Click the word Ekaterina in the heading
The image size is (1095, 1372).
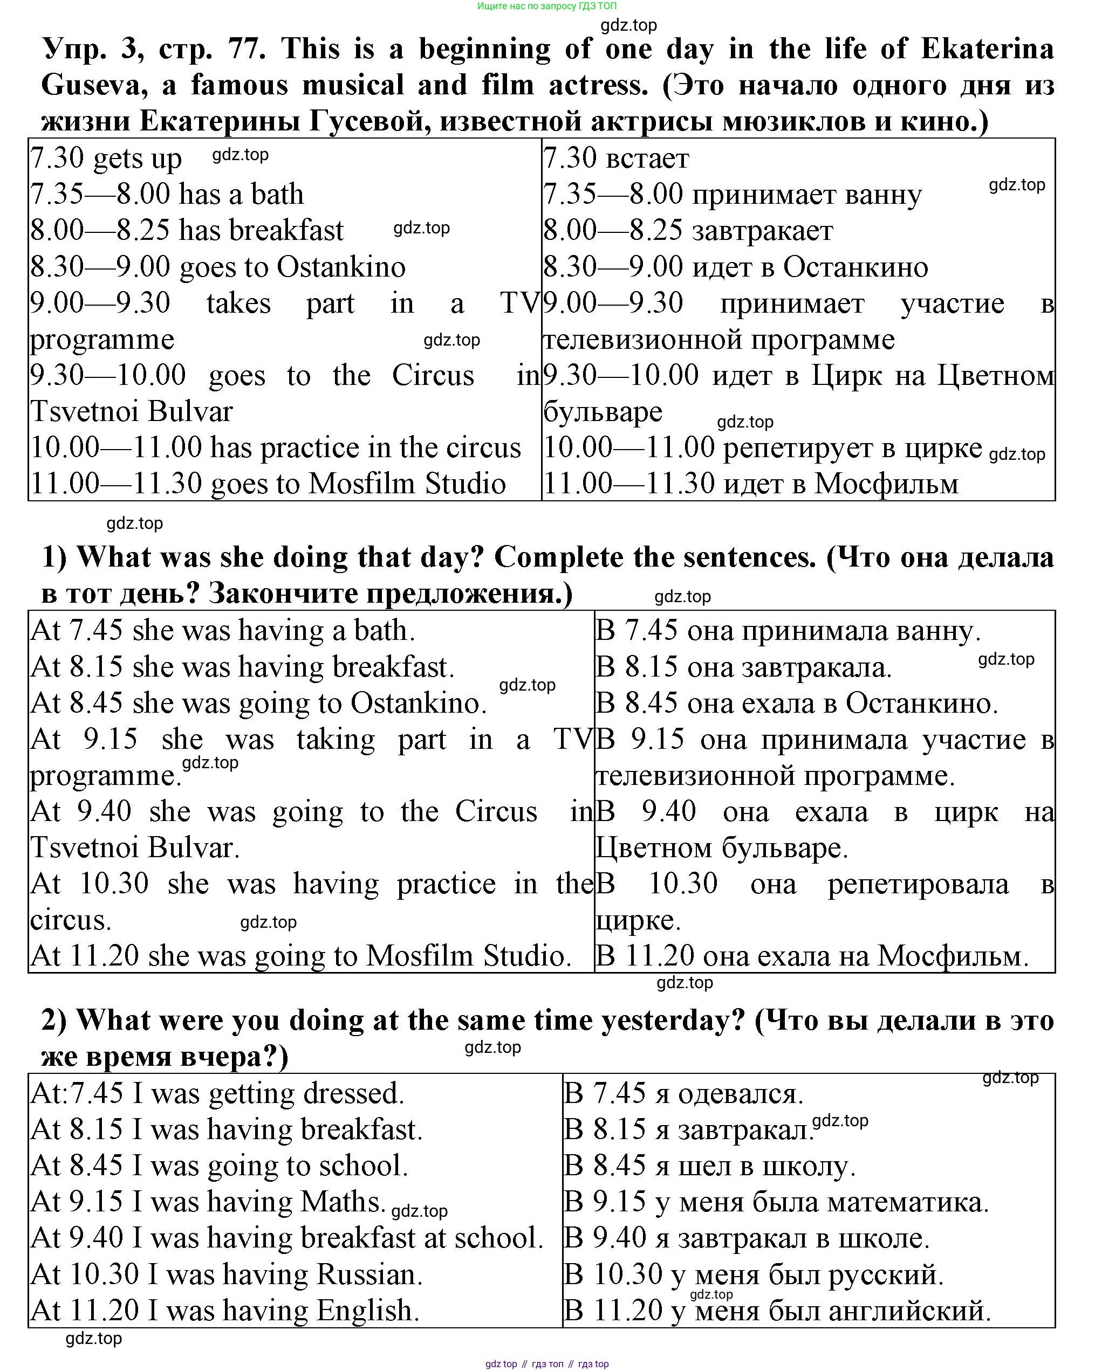click(x=987, y=50)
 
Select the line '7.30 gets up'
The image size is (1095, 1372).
click(x=106, y=158)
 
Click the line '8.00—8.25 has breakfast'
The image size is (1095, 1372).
click(x=187, y=230)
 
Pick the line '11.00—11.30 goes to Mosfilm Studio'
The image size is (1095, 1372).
click(x=268, y=484)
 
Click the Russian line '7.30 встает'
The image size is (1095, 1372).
click(x=615, y=158)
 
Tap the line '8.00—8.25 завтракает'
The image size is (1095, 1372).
click(x=688, y=230)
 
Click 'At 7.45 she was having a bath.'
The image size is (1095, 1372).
click(x=223, y=631)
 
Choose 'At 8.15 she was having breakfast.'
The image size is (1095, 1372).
click(x=243, y=667)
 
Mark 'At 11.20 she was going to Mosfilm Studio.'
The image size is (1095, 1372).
click(x=300, y=956)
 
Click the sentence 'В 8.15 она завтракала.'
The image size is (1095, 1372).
click(x=744, y=667)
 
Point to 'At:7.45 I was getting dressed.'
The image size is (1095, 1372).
click(x=217, y=1093)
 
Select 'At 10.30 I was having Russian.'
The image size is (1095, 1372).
click(x=226, y=1274)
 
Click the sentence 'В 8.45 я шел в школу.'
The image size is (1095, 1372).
click(x=709, y=1166)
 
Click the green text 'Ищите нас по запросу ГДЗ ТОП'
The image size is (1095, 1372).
click(x=547, y=6)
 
